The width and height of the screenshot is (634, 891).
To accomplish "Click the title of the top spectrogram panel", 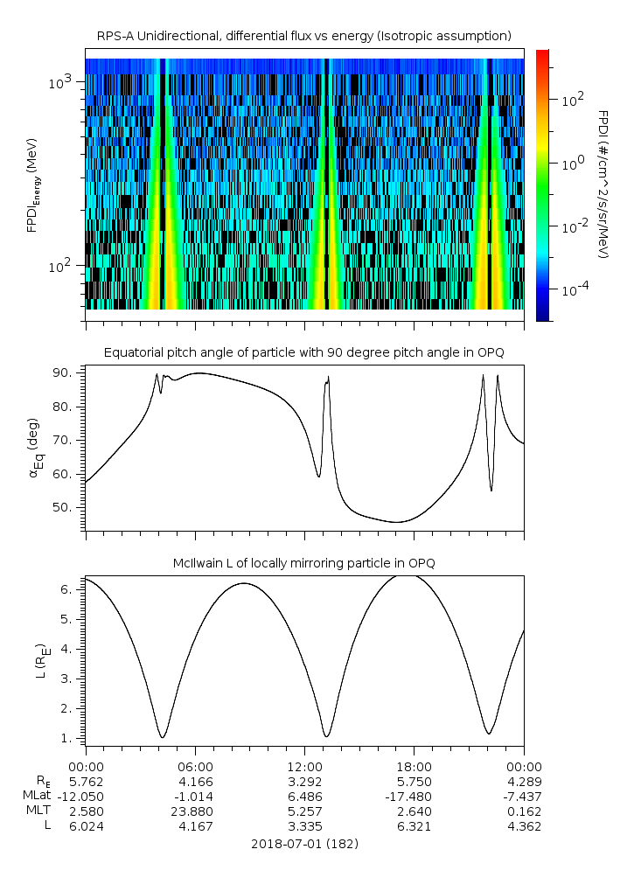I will point(303,36).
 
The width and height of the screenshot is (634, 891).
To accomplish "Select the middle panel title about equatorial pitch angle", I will point(303,352).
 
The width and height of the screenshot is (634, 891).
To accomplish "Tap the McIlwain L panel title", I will point(303,562).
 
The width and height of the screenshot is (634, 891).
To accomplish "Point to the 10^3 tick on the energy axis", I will point(66,82).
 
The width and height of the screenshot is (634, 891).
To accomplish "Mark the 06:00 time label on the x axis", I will point(195,765).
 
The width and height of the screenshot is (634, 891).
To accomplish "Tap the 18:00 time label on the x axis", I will point(414,765).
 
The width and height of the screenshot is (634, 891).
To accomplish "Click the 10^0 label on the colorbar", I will point(573,164).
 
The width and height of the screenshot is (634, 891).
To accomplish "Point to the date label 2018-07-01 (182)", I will point(303,844).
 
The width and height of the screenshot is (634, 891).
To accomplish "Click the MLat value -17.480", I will point(414,796).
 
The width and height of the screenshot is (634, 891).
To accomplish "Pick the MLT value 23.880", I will point(195,811).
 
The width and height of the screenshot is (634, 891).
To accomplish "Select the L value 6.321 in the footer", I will point(414,826).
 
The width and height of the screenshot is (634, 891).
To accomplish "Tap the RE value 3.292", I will point(304,780).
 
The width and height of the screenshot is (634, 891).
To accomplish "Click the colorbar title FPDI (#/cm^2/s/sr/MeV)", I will point(603,184).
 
